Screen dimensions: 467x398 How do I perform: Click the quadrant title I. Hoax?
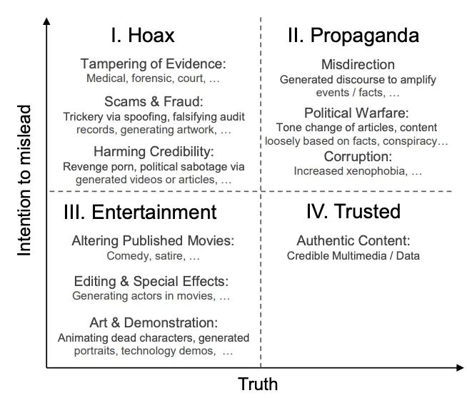click(x=142, y=36)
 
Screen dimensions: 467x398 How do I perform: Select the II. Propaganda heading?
click(x=353, y=36)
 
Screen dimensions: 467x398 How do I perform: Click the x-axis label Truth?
click(x=258, y=385)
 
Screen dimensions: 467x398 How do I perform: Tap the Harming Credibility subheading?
click(x=154, y=152)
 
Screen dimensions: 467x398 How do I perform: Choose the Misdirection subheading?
click(x=358, y=64)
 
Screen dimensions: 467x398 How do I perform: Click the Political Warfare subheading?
click(x=356, y=113)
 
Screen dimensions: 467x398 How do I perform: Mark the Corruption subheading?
click(x=358, y=156)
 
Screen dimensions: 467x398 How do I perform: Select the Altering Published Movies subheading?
click(x=153, y=240)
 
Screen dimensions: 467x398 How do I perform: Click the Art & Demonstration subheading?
click(x=154, y=322)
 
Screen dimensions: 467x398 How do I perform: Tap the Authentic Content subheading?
click(x=353, y=240)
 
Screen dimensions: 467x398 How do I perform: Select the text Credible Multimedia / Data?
click(x=353, y=255)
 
